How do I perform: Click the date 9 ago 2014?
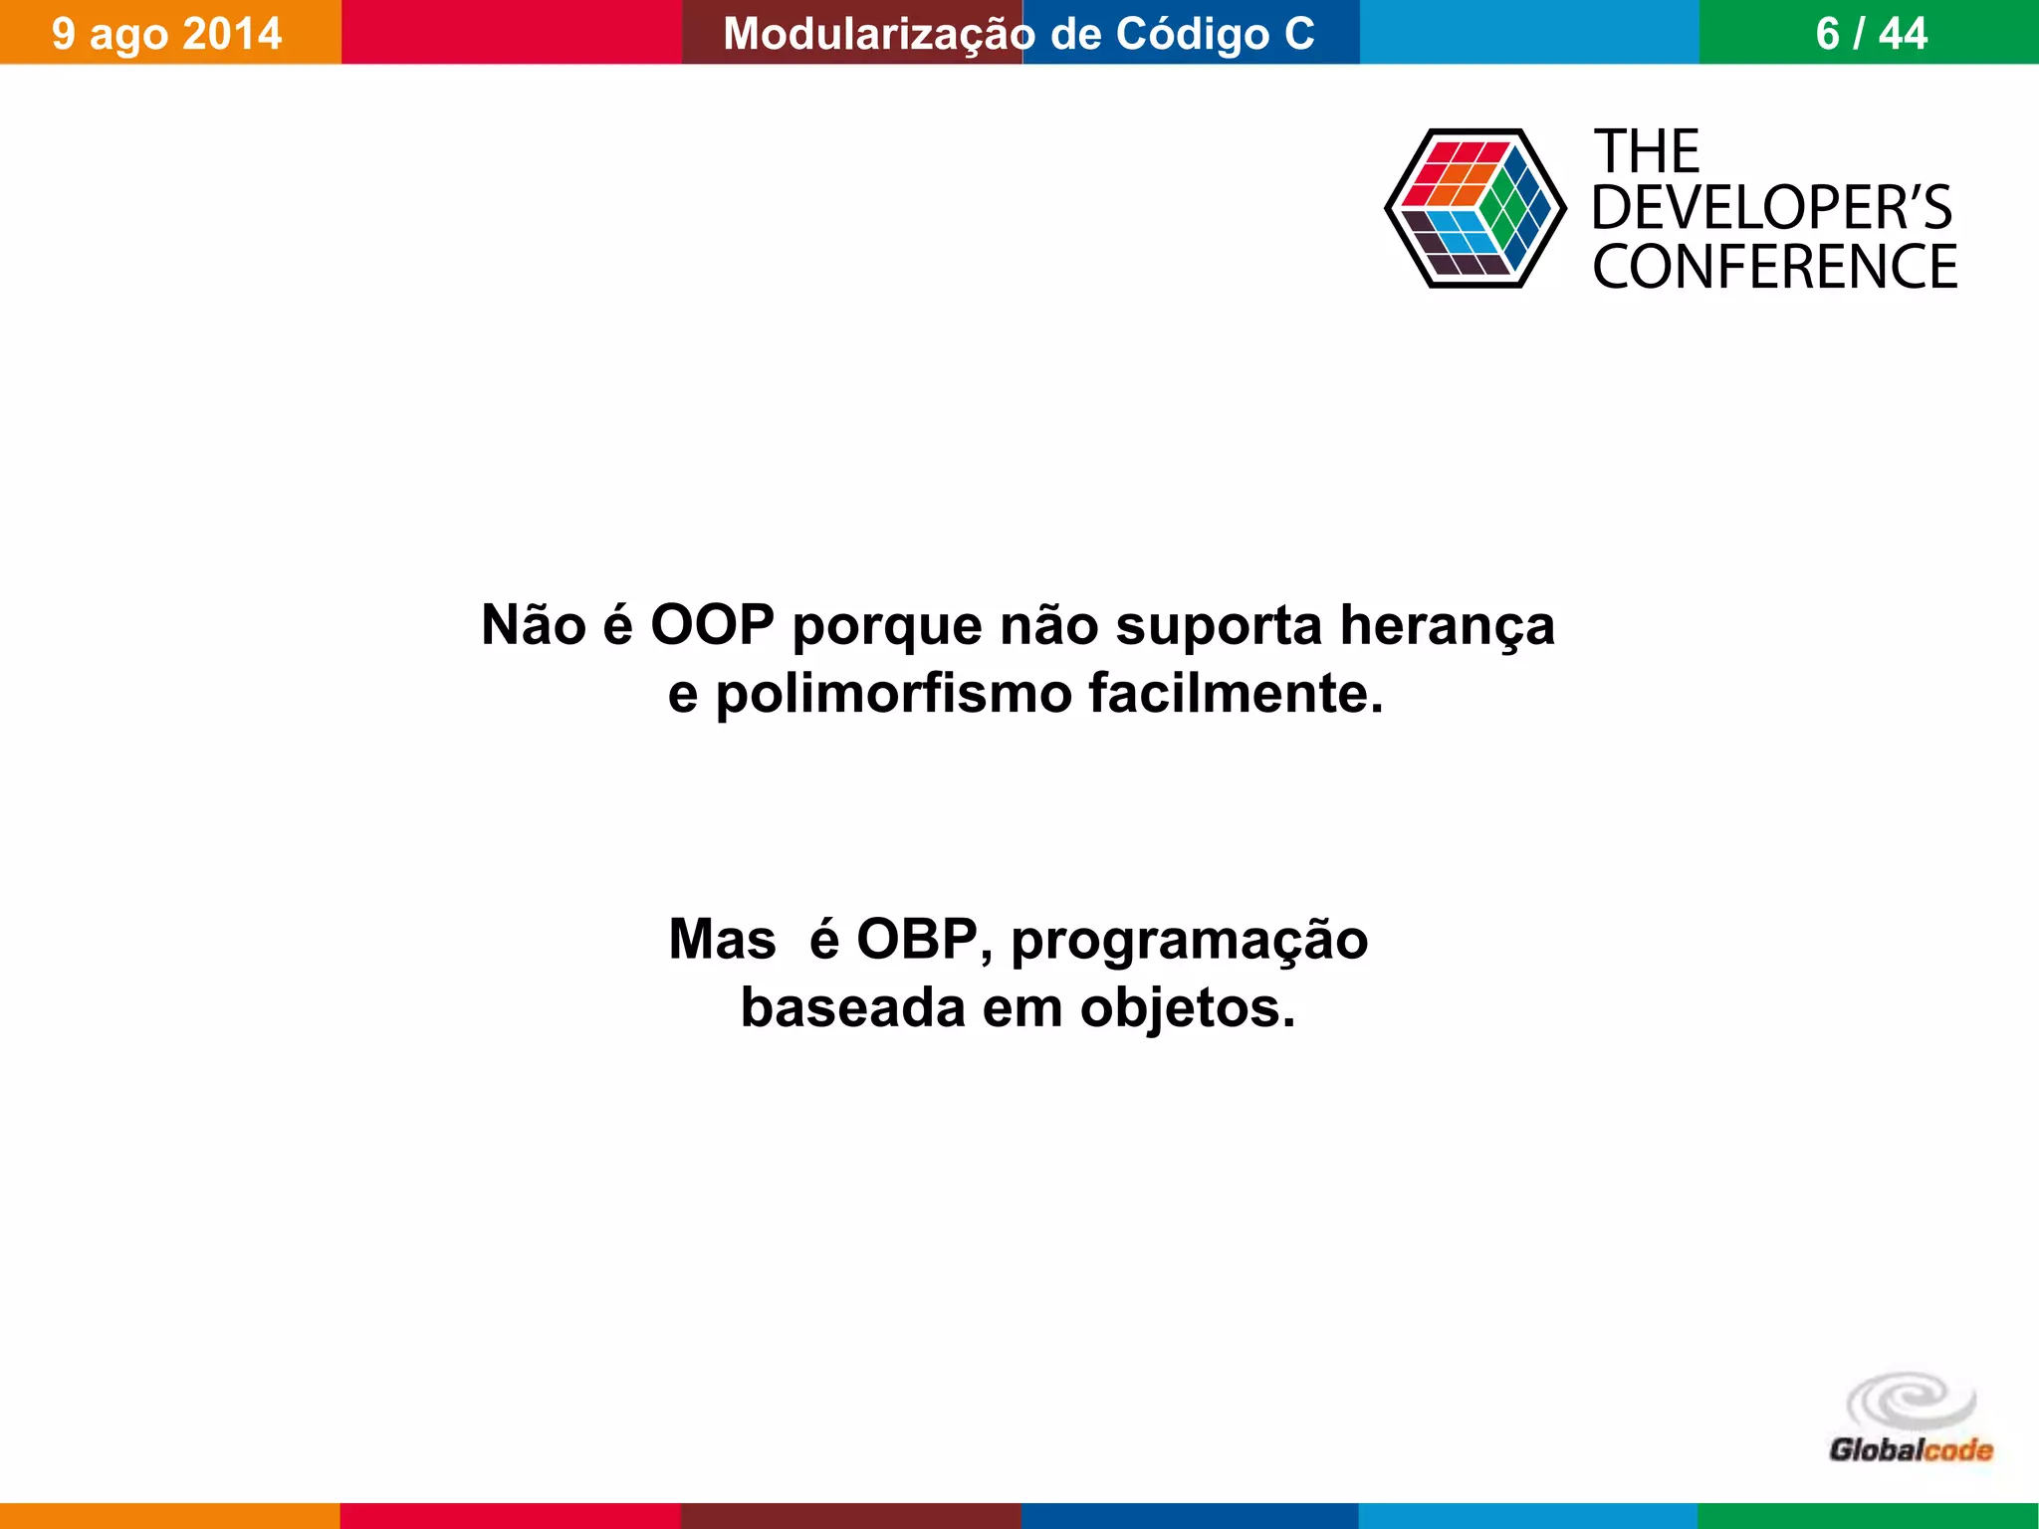(x=166, y=34)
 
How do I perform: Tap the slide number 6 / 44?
(x=1871, y=34)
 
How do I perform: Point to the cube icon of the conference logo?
(x=1474, y=208)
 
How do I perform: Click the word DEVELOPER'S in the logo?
(x=1771, y=208)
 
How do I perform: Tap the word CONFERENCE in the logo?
(x=1774, y=267)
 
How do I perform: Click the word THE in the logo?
(x=1648, y=152)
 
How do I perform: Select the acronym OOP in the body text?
(x=712, y=625)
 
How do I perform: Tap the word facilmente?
(x=1236, y=693)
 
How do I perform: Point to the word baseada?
(x=852, y=1007)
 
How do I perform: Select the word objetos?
(x=1188, y=1008)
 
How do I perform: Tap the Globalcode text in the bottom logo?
(x=1911, y=1450)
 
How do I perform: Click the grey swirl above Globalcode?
(x=1911, y=1401)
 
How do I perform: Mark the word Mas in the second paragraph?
(x=722, y=939)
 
